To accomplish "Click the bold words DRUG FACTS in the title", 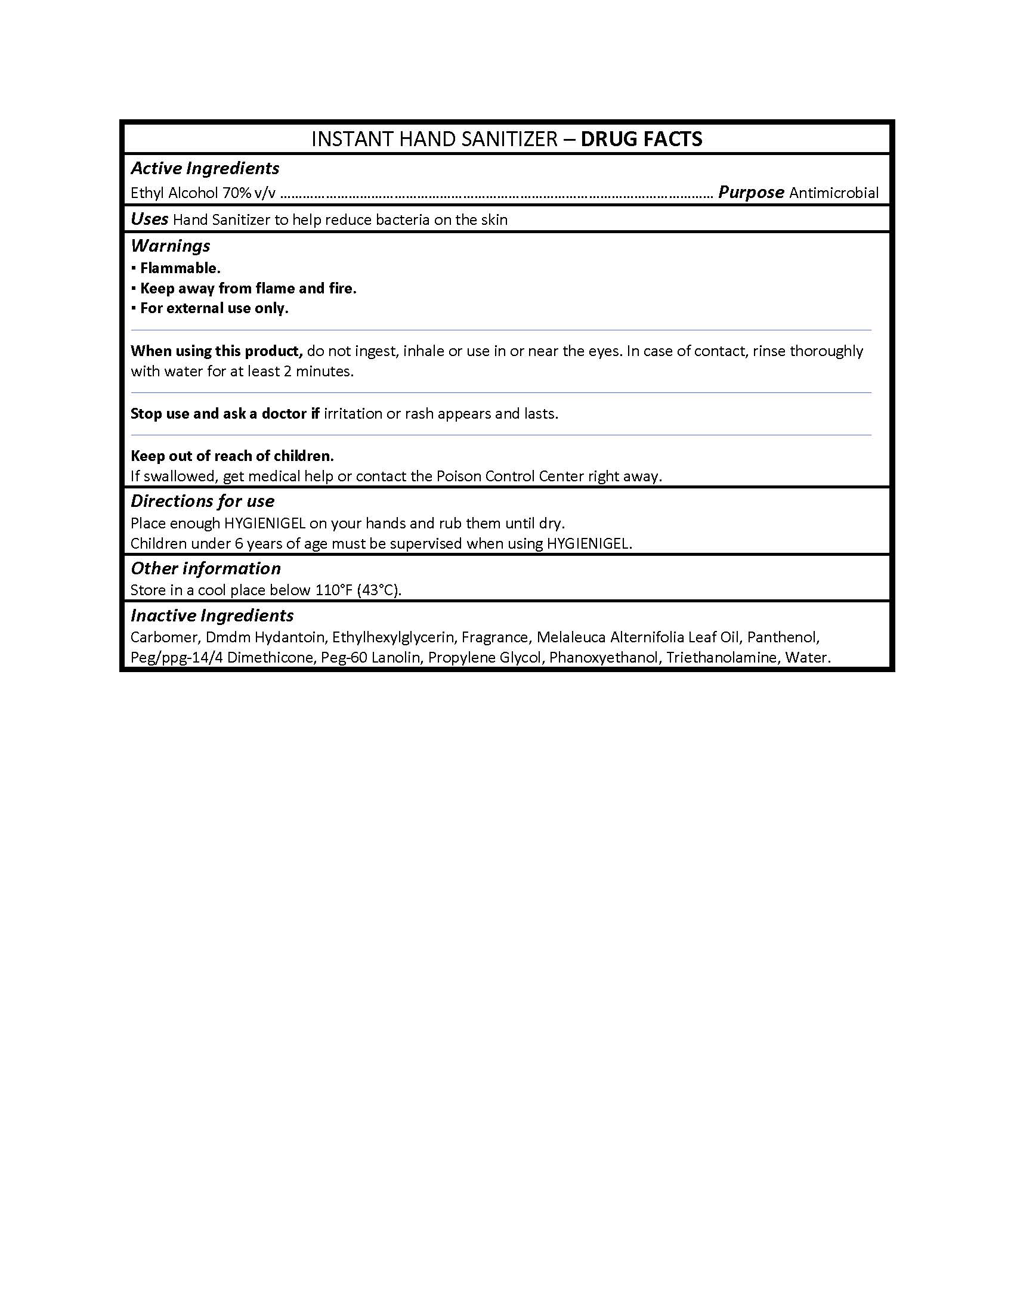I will tap(641, 140).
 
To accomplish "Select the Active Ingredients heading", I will tap(205, 168).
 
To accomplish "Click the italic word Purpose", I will tap(751, 192).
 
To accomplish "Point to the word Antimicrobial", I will tap(834, 193).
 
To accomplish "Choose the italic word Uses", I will tap(149, 219).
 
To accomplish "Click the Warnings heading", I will tap(170, 246).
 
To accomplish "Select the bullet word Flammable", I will tap(180, 268).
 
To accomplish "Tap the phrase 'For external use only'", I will tap(214, 308).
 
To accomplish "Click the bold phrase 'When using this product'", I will tap(217, 351).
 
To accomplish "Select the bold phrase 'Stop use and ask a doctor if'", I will tap(225, 413).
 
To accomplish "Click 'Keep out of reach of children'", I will tap(232, 456).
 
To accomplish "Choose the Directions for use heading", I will tap(202, 501).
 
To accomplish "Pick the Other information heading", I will tap(205, 568).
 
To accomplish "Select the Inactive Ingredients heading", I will tap(212, 616).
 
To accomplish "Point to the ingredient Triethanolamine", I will tap(721, 658).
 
